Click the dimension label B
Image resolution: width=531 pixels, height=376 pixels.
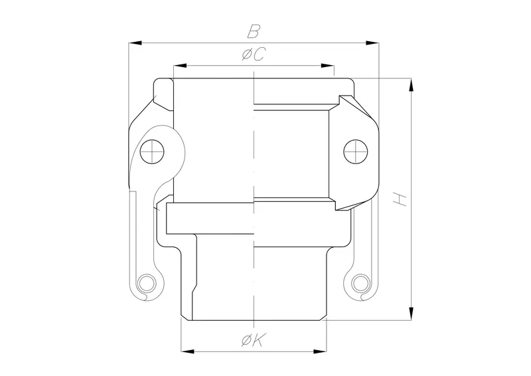click(x=253, y=31)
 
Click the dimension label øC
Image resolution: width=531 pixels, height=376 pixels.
click(x=253, y=56)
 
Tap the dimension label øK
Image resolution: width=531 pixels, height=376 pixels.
click(x=253, y=341)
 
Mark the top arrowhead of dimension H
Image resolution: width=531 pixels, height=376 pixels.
click(x=412, y=84)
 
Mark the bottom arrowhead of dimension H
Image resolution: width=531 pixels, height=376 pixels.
click(x=412, y=313)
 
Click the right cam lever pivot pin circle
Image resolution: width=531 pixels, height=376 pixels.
click(x=354, y=151)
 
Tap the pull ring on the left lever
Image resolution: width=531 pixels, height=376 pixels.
click(x=147, y=284)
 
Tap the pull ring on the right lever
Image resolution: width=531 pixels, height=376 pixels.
click(x=360, y=284)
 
